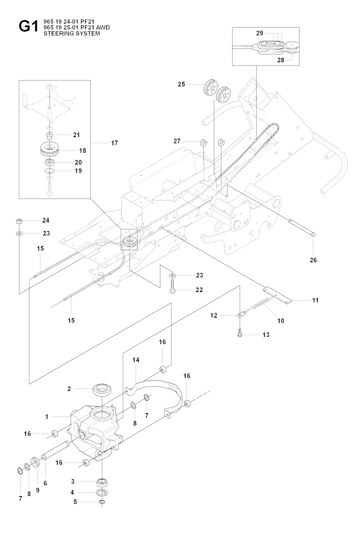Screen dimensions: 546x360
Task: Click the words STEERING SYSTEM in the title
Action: (x=71, y=34)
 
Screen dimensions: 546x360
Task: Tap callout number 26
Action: (x=313, y=260)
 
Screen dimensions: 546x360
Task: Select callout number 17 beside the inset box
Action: (x=114, y=143)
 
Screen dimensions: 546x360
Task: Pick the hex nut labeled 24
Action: (x=19, y=221)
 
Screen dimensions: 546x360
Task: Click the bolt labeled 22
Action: (x=172, y=287)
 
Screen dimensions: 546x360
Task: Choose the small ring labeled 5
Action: (x=102, y=501)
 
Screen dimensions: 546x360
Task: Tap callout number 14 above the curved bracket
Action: (x=136, y=360)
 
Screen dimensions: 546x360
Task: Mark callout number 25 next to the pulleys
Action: (x=181, y=84)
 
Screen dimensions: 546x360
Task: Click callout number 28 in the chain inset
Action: (x=281, y=60)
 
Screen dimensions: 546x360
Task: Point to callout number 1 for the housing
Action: (x=47, y=417)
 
